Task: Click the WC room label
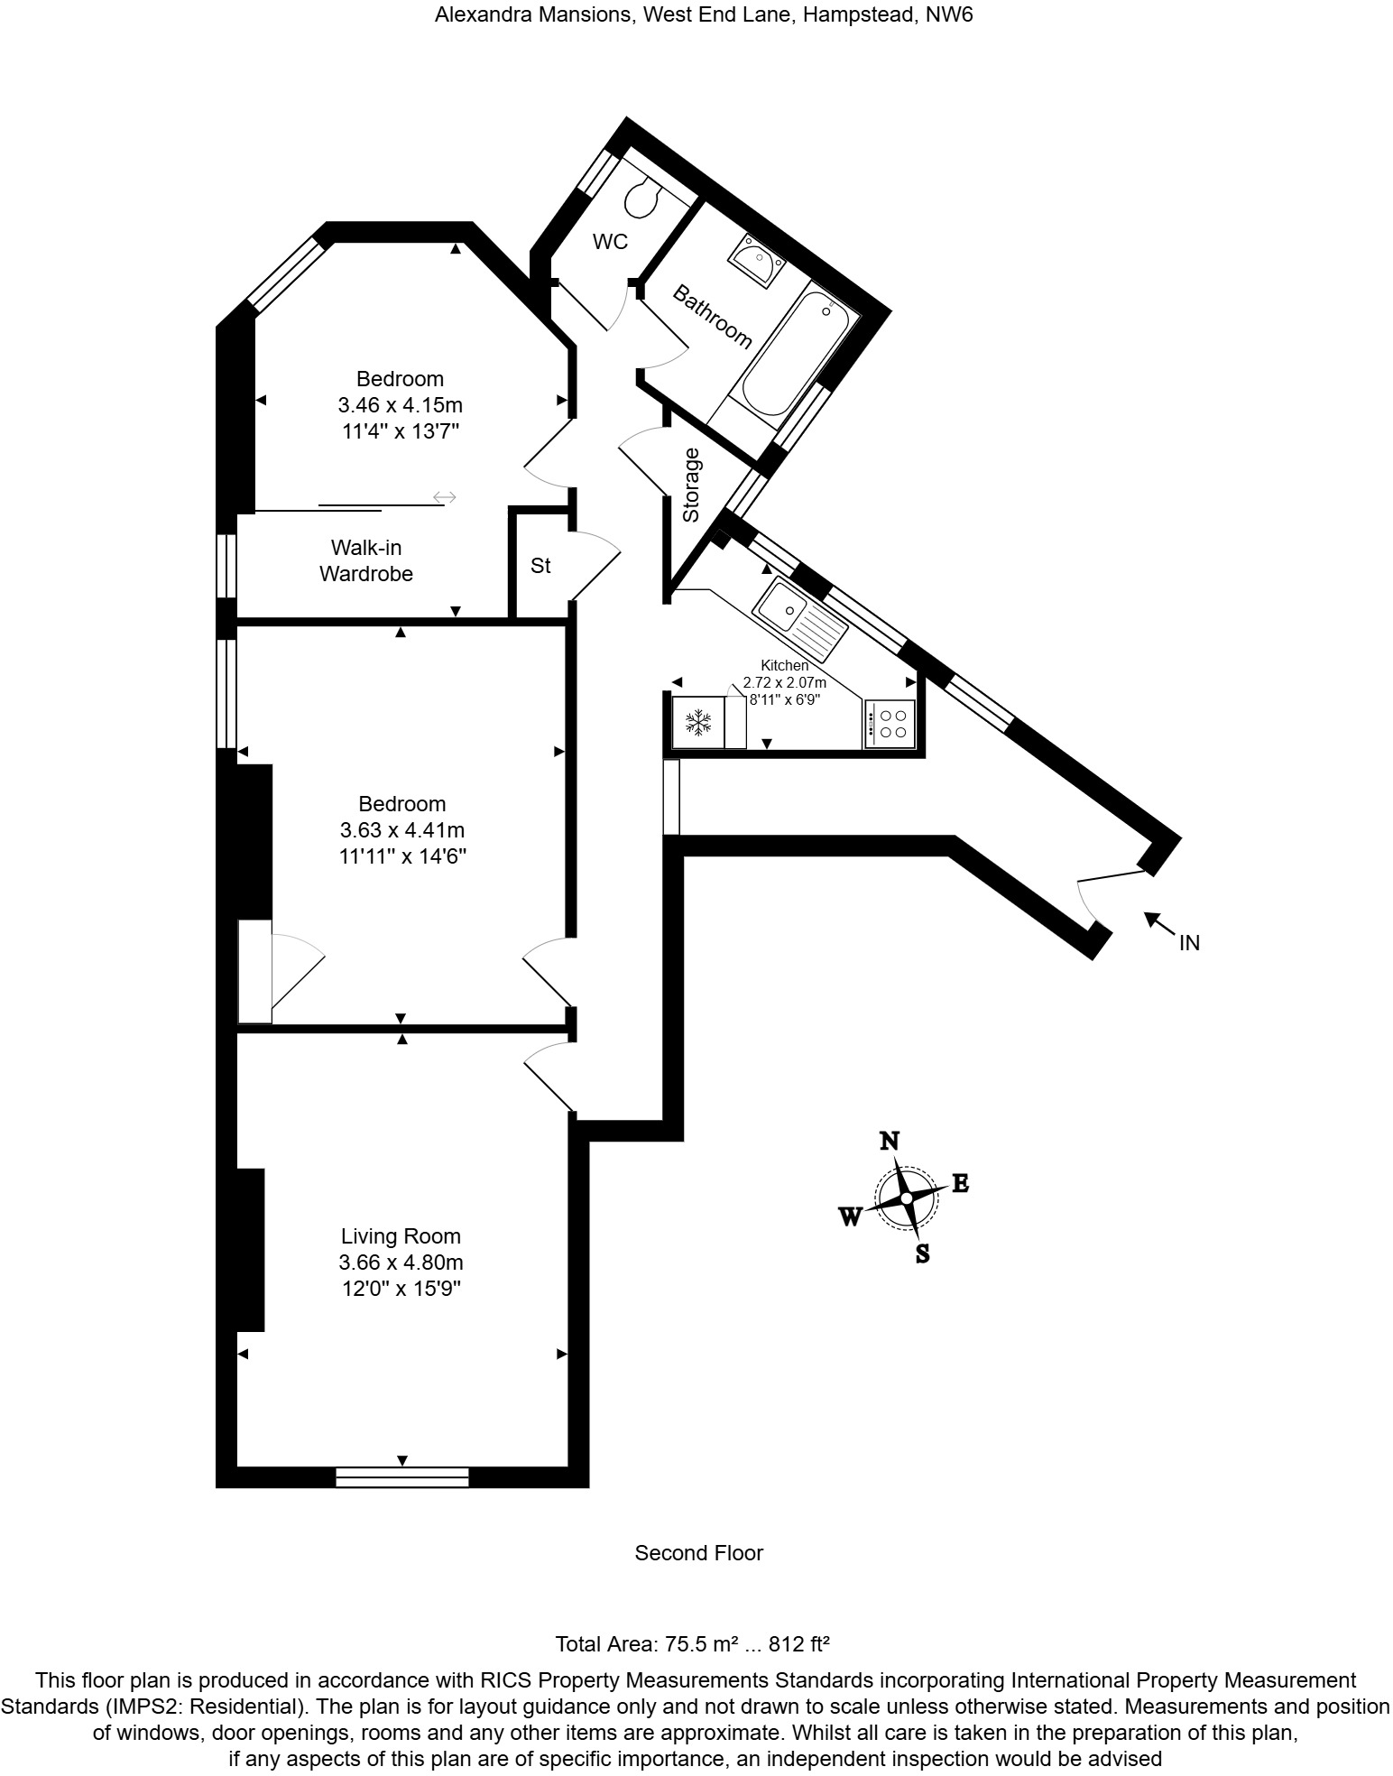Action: coord(610,242)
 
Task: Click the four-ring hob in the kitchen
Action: coord(890,724)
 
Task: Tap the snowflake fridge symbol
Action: coord(698,722)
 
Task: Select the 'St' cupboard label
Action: coord(540,566)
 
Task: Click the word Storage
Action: coord(691,486)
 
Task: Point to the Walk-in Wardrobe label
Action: coord(366,560)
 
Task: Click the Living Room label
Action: coord(401,1236)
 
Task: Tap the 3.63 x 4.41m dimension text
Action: coord(402,829)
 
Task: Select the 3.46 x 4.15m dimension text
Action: coord(400,404)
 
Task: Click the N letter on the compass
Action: coord(890,1141)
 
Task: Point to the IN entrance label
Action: coord(1189,943)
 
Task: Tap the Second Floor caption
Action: coord(698,1553)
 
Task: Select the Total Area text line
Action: coord(692,1643)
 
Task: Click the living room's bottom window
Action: coord(402,1477)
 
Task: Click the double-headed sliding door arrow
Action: coord(445,497)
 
